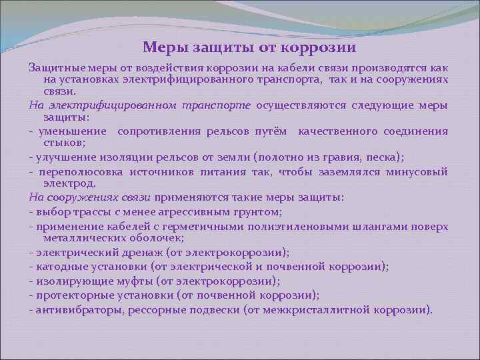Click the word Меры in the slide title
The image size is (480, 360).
[165, 48]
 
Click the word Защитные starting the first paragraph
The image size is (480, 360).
[53, 68]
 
